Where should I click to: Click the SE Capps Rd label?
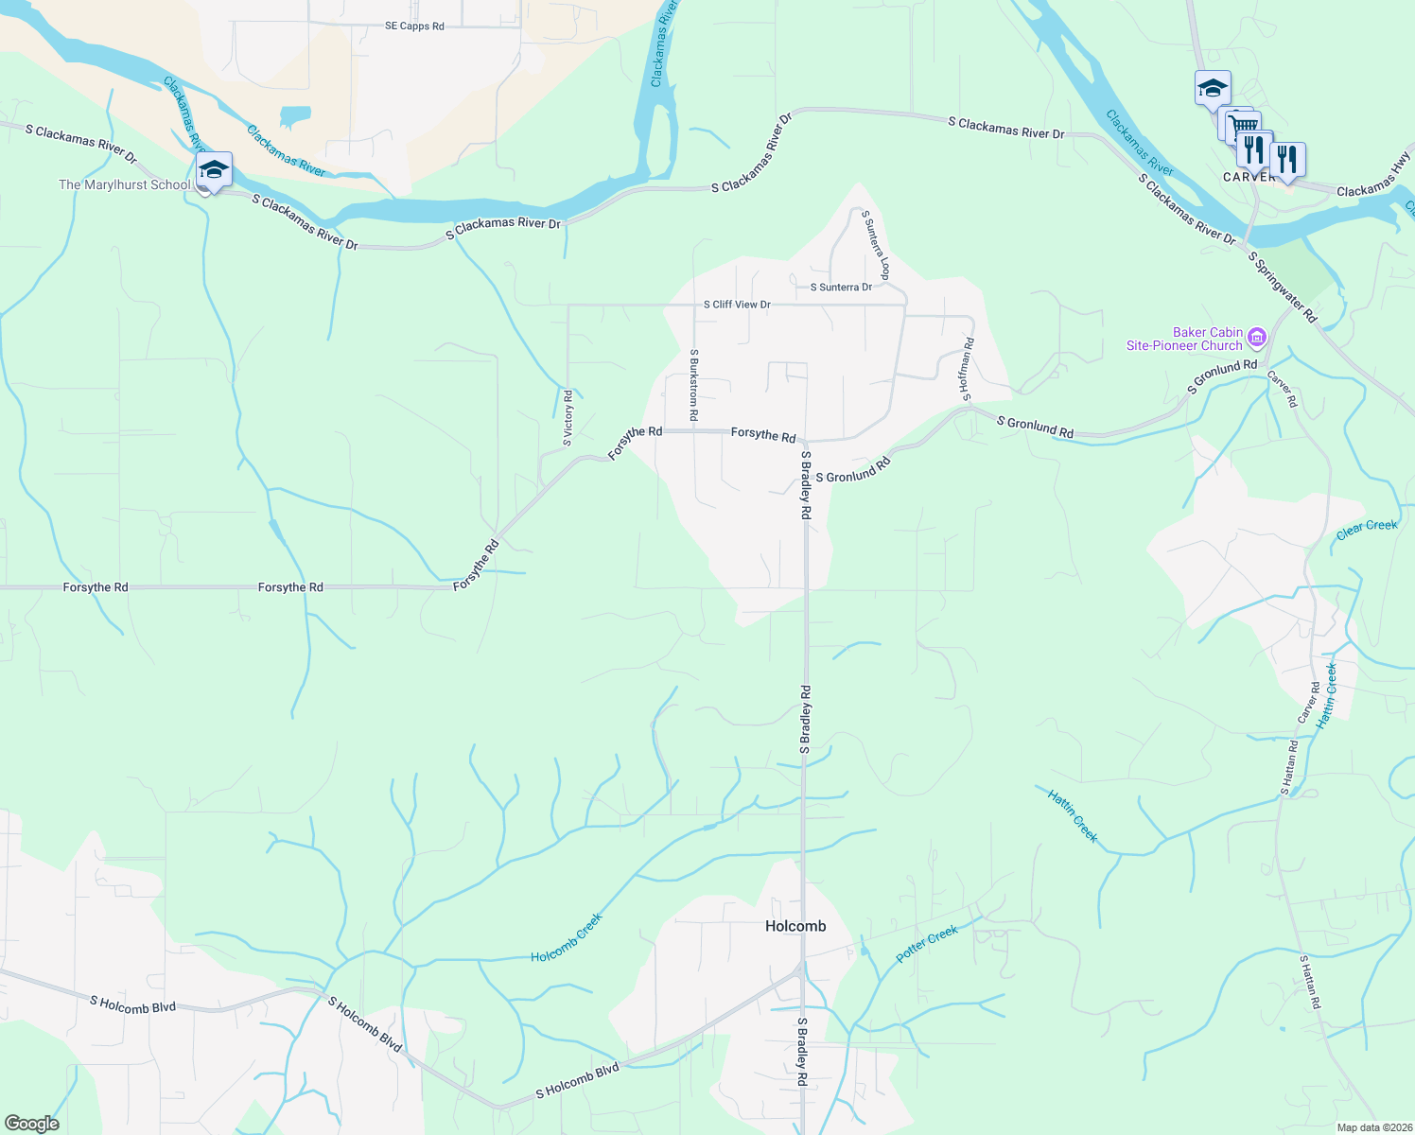(x=414, y=26)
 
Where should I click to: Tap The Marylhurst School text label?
(x=125, y=184)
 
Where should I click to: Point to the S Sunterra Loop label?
(x=876, y=245)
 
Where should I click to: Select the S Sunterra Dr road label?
(x=841, y=288)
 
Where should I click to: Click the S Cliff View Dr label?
(x=737, y=305)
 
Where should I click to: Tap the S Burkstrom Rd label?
(x=694, y=385)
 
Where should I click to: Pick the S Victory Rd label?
(x=568, y=418)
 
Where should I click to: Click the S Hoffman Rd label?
(x=967, y=370)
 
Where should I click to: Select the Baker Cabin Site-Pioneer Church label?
(x=1184, y=339)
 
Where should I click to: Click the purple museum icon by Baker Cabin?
(x=1256, y=337)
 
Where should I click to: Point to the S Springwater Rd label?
(x=1282, y=287)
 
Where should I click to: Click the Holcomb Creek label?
(x=567, y=937)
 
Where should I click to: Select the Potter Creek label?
(x=927, y=944)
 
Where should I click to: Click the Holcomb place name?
(x=795, y=926)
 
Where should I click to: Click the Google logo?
(x=32, y=1124)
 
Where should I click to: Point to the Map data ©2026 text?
(x=1373, y=1127)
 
